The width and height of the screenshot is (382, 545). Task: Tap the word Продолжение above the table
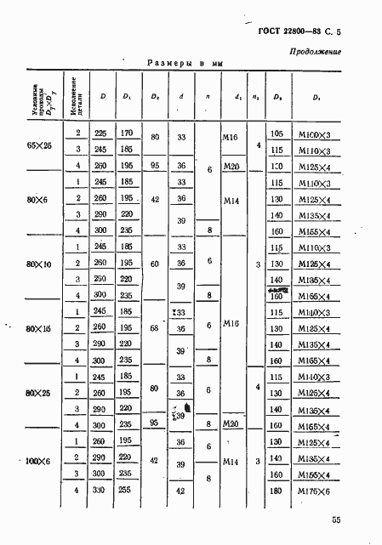pos(316,53)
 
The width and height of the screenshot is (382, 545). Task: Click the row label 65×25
pos(39,146)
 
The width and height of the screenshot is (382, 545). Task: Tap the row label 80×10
pos(39,264)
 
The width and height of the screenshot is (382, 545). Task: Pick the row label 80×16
pos(39,328)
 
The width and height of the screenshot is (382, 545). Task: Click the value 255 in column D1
pos(127,491)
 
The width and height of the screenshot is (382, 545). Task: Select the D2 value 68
pos(153,327)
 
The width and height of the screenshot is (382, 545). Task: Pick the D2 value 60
pos(153,264)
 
